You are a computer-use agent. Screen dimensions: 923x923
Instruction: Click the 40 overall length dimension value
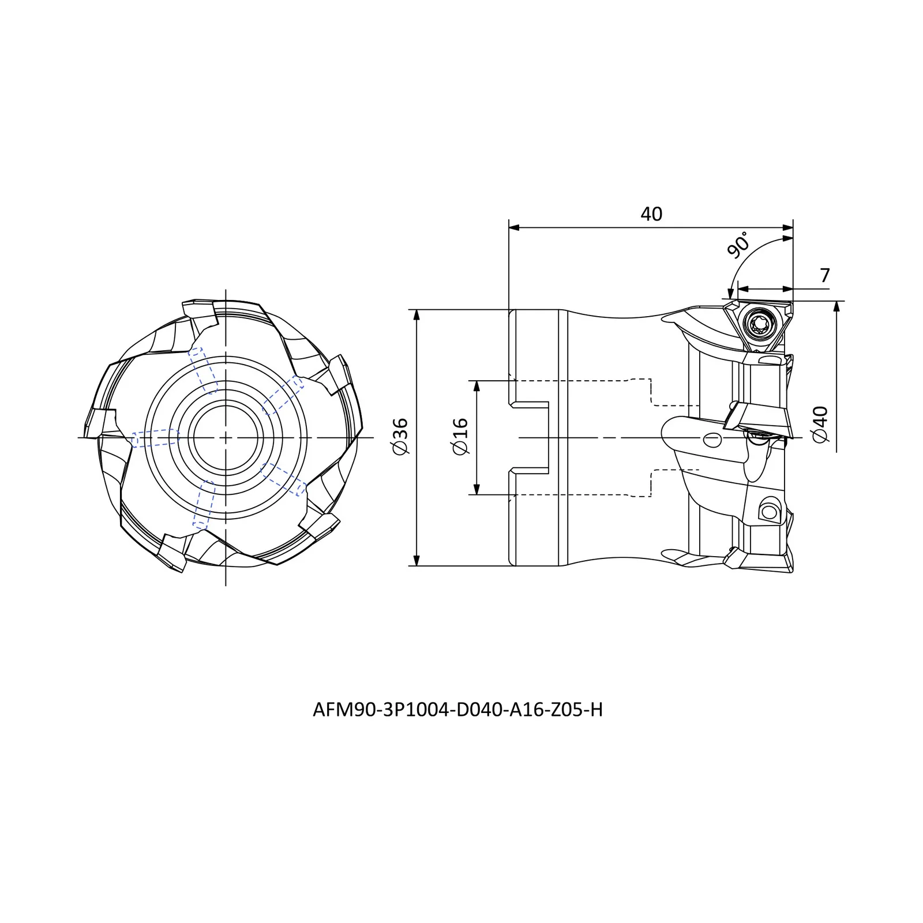(651, 214)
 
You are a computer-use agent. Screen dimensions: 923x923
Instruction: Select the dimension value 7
(824, 276)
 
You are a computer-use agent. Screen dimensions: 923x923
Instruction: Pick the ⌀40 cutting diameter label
(819, 425)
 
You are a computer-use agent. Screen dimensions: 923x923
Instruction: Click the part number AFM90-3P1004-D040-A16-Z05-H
(457, 710)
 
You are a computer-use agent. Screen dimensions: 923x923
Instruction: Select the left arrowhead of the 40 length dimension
(515, 228)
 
